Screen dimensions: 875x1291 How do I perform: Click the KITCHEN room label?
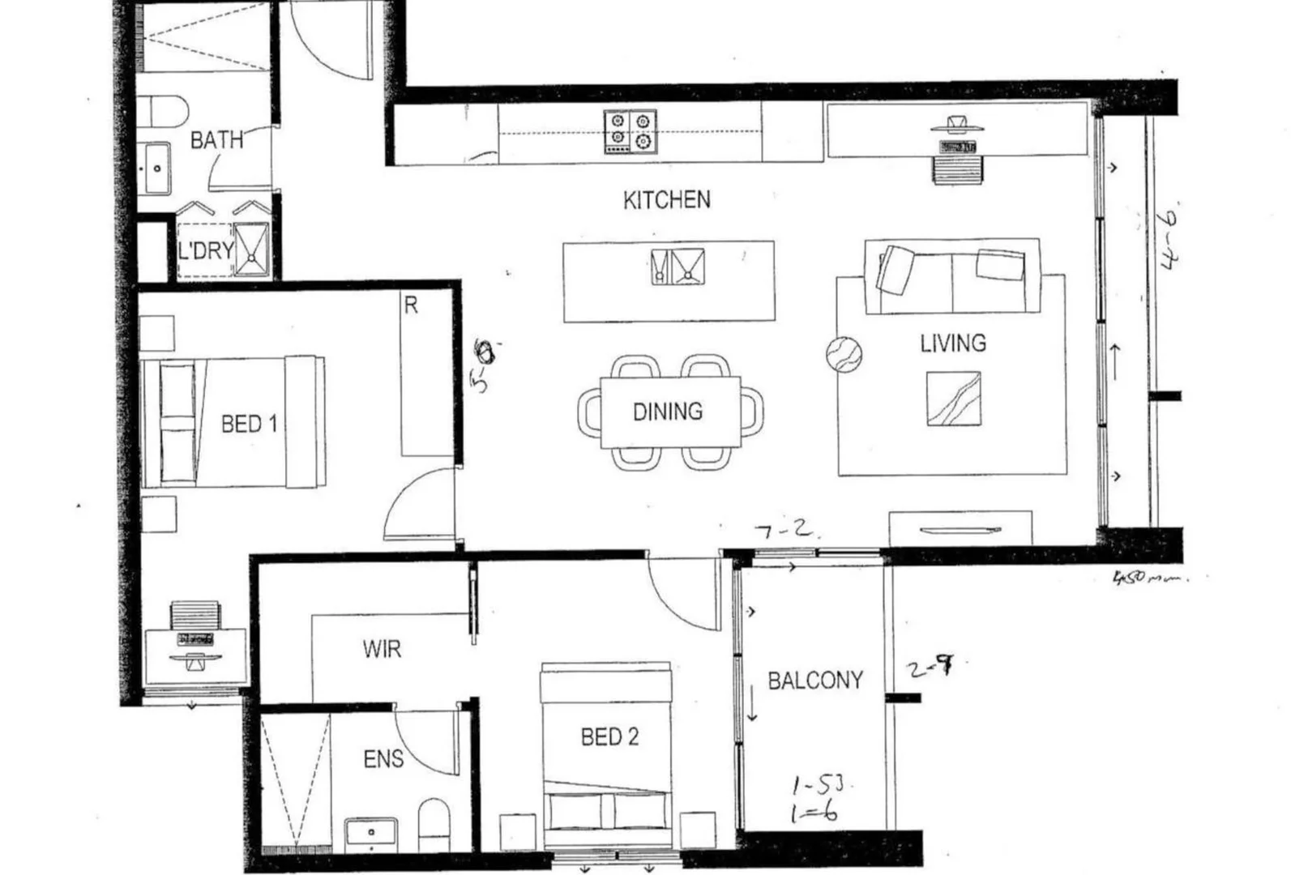click(x=666, y=199)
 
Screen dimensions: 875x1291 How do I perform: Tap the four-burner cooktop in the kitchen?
click(x=630, y=132)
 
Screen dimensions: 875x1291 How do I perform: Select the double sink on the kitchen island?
click(x=678, y=267)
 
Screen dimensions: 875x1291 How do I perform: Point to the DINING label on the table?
click(x=667, y=412)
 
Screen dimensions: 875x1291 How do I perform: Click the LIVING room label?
click(x=953, y=344)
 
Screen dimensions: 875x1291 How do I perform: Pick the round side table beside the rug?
click(x=844, y=354)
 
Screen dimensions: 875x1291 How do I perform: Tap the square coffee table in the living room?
click(x=953, y=399)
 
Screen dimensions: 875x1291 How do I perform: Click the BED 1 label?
click(x=249, y=424)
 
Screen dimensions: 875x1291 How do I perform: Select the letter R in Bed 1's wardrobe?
click(x=411, y=305)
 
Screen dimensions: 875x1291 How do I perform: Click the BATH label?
click(x=216, y=140)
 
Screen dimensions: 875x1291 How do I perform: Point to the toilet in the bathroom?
click(x=162, y=109)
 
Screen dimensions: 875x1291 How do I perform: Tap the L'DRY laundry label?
click(x=206, y=250)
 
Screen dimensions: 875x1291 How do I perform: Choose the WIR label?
click(x=382, y=649)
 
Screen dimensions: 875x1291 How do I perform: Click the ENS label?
click(x=383, y=759)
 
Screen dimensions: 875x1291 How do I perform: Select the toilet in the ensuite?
click(x=434, y=820)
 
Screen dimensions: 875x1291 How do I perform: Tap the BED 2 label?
click(x=609, y=736)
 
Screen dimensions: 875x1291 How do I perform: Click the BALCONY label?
click(x=815, y=680)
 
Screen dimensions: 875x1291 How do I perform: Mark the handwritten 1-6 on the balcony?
click(x=813, y=813)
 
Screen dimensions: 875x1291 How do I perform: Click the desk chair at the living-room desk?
click(x=957, y=169)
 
